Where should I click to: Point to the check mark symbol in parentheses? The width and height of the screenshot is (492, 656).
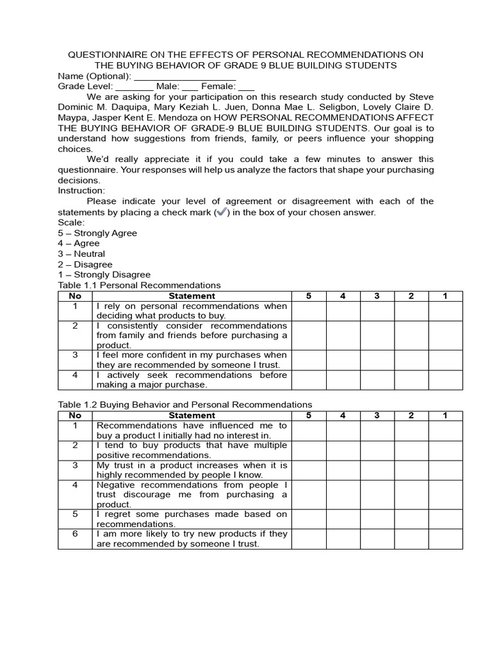coord(222,212)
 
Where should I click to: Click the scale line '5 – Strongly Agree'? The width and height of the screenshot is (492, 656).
coord(97,233)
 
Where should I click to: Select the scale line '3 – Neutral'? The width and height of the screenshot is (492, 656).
coord(81,254)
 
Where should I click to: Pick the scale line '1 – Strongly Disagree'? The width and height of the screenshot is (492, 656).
coord(104,275)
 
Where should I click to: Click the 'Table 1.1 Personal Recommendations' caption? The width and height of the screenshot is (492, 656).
coord(139,285)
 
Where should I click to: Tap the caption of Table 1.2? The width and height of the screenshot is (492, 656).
coord(184,405)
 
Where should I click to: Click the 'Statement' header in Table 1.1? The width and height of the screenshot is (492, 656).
coord(192,296)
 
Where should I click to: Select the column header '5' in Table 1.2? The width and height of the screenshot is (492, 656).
coord(309,415)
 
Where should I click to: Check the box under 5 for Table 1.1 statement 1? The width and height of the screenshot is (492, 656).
coord(309,311)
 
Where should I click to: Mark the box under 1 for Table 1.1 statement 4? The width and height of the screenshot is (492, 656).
coord(445,380)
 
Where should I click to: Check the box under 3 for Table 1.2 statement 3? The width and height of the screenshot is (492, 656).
coord(377,470)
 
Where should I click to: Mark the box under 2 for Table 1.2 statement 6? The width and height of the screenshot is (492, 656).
coord(411,539)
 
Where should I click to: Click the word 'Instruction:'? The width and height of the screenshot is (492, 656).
coord(81,191)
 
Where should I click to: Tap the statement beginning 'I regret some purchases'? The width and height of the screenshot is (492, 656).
coord(192,519)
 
